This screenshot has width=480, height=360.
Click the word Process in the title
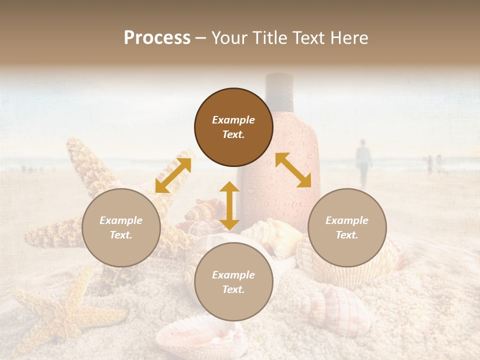[x=157, y=38]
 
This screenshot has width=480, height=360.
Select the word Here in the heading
[x=349, y=38]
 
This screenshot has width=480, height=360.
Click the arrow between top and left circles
[x=173, y=175]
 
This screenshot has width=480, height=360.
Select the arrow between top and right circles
[x=293, y=170]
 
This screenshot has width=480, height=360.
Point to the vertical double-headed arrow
[x=229, y=205]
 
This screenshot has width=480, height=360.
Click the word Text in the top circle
[x=233, y=134]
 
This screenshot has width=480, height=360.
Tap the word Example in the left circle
[x=121, y=220]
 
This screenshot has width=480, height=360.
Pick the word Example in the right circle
[x=347, y=220]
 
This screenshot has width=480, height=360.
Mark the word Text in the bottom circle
[x=233, y=289]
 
